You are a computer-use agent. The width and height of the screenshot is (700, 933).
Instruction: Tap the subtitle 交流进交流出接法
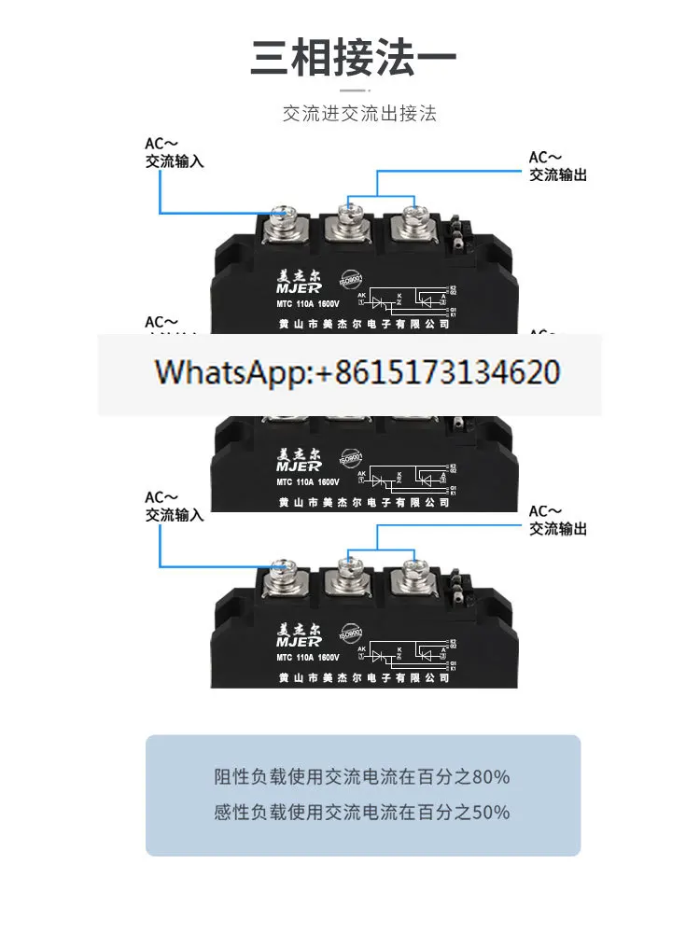(x=360, y=115)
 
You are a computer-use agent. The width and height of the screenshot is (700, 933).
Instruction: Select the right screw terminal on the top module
(x=412, y=221)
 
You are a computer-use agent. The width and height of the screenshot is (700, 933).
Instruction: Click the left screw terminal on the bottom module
(x=283, y=575)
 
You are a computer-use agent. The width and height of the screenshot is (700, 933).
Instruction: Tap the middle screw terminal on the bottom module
(x=350, y=573)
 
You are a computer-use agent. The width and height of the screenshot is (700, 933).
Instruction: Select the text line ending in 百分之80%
(x=362, y=776)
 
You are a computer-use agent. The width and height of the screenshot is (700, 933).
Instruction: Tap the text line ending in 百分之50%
(x=362, y=812)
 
